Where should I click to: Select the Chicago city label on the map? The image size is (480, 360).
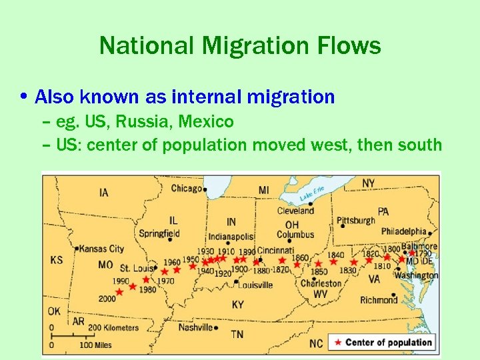point(186,189)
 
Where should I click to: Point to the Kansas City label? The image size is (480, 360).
point(101,249)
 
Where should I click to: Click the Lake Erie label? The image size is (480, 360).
point(312,194)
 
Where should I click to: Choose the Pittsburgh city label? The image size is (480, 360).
point(355,221)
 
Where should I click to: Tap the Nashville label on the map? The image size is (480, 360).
point(195,327)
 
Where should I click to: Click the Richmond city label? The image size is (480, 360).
point(379,300)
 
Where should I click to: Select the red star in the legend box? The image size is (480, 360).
point(338,343)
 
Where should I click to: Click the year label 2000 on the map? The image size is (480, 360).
point(107,299)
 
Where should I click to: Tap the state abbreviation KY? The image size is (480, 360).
point(237,305)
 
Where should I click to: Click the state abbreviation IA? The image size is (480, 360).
point(103,193)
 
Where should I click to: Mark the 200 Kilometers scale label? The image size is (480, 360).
point(113,327)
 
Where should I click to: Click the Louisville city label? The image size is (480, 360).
point(255,285)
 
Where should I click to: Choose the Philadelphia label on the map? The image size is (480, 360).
point(404,231)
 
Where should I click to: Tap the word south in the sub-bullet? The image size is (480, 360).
point(419,144)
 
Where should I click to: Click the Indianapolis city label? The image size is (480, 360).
point(231,236)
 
